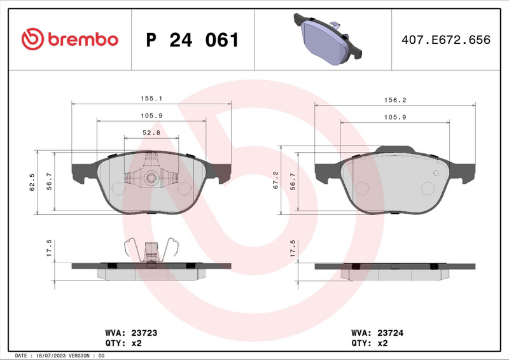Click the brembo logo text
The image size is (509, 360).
(81, 39)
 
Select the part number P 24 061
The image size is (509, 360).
(192, 40)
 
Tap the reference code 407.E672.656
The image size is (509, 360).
(446, 40)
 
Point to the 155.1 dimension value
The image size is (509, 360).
(151, 99)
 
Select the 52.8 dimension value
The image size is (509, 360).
(151, 132)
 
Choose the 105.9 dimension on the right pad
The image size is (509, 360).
(395, 116)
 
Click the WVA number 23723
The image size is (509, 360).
(144, 333)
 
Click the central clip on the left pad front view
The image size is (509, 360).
(151, 177)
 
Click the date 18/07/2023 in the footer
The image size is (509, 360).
(55, 356)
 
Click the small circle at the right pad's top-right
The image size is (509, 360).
(435, 172)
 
